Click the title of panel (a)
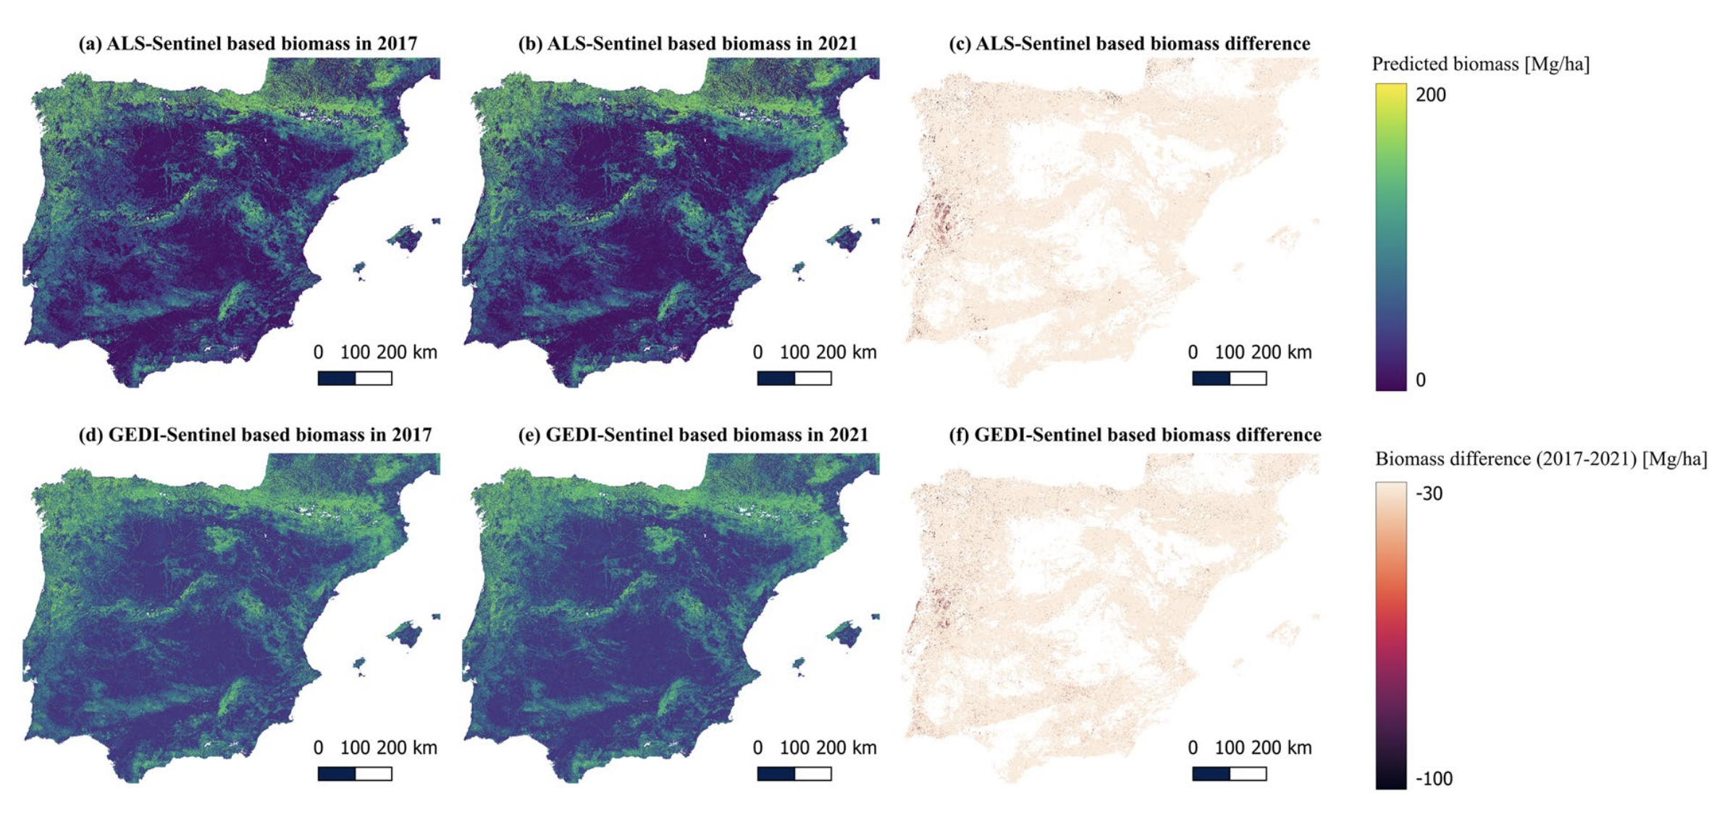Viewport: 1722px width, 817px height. [248, 43]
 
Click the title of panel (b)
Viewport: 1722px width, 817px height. [687, 43]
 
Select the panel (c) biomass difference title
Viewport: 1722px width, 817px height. [1130, 43]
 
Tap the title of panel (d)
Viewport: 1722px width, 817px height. [255, 435]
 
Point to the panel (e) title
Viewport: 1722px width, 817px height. [693, 435]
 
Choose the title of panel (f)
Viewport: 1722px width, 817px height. [1135, 435]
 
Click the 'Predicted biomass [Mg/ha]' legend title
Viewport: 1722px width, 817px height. [1481, 64]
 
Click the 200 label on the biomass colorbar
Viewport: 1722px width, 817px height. [1430, 95]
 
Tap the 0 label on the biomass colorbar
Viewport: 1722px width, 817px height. [1421, 380]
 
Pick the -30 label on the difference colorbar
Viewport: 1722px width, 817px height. [1429, 494]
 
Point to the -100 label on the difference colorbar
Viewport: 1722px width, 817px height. [1434, 779]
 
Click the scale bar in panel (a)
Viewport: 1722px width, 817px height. [355, 378]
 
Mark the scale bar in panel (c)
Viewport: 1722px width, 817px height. [1230, 378]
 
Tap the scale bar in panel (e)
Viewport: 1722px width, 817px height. [794, 774]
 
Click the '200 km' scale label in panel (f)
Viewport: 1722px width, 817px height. [1282, 748]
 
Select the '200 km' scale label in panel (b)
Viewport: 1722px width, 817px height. [847, 353]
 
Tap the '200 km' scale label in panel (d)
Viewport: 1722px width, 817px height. [407, 748]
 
